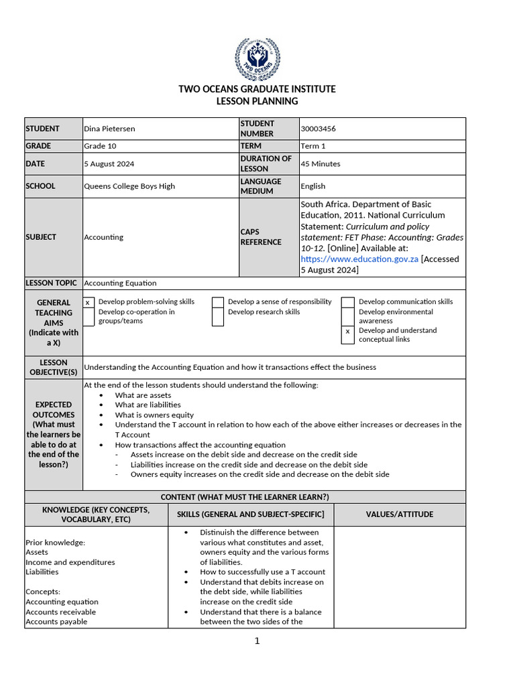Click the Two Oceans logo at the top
[257, 59]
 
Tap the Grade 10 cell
[100, 146]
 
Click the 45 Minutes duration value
[321, 164]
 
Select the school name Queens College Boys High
[129, 186]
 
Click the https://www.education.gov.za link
[359, 259]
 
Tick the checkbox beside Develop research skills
[218, 316]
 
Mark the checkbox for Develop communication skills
[347, 303]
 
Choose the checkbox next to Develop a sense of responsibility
[218, 303]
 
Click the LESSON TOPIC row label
[52, 283]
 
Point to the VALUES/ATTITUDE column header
[399, 514]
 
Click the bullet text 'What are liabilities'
[148, 405]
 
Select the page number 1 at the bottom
[257, 641]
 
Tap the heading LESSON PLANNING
[257, 101]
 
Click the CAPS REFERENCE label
[261, 237]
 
